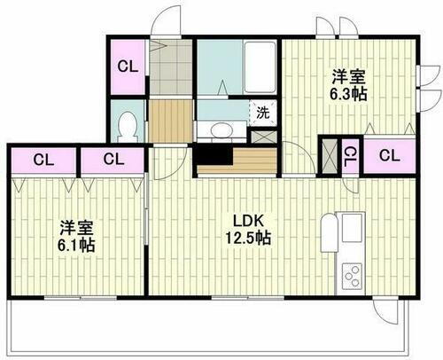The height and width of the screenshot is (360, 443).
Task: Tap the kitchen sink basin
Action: point(348,231)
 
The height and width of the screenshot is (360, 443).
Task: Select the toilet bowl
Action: point(128,125)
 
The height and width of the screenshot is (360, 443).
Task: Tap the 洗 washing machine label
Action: point(262,113)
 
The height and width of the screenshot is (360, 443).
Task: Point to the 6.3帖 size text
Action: point(347,92)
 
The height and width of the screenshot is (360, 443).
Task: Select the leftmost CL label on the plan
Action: point(42,160)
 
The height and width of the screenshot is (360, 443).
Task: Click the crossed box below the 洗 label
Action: point(262,137)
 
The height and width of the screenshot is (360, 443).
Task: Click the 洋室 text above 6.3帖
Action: point(347,74)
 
